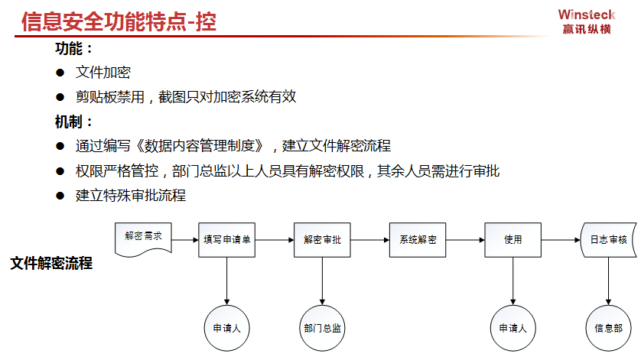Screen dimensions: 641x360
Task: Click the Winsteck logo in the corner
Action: coord(587,21)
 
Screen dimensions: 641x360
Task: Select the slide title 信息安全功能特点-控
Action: coord(119,21)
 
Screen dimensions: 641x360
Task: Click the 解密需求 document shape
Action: coord(143,239)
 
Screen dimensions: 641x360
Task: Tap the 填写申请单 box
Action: coord(227,240)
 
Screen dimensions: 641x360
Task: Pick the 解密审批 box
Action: coord(322,240)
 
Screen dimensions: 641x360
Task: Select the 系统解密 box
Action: coord(418,240)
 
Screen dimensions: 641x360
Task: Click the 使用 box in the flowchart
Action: coord(513,240)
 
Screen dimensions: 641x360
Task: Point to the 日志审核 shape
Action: coord(609,240)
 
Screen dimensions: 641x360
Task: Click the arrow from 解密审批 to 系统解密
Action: coord(370,240)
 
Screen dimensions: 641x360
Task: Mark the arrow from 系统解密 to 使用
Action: coord(465,240)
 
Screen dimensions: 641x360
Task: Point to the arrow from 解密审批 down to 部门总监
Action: coord(322,281)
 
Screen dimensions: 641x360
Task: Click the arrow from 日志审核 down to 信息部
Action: coord(608,281)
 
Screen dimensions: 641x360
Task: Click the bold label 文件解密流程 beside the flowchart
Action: coord(51,263)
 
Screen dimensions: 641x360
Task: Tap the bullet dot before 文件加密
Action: coord(60,73)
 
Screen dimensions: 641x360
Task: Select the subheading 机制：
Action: coord(73,122)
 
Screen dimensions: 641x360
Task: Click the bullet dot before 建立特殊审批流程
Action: coord(60,196)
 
